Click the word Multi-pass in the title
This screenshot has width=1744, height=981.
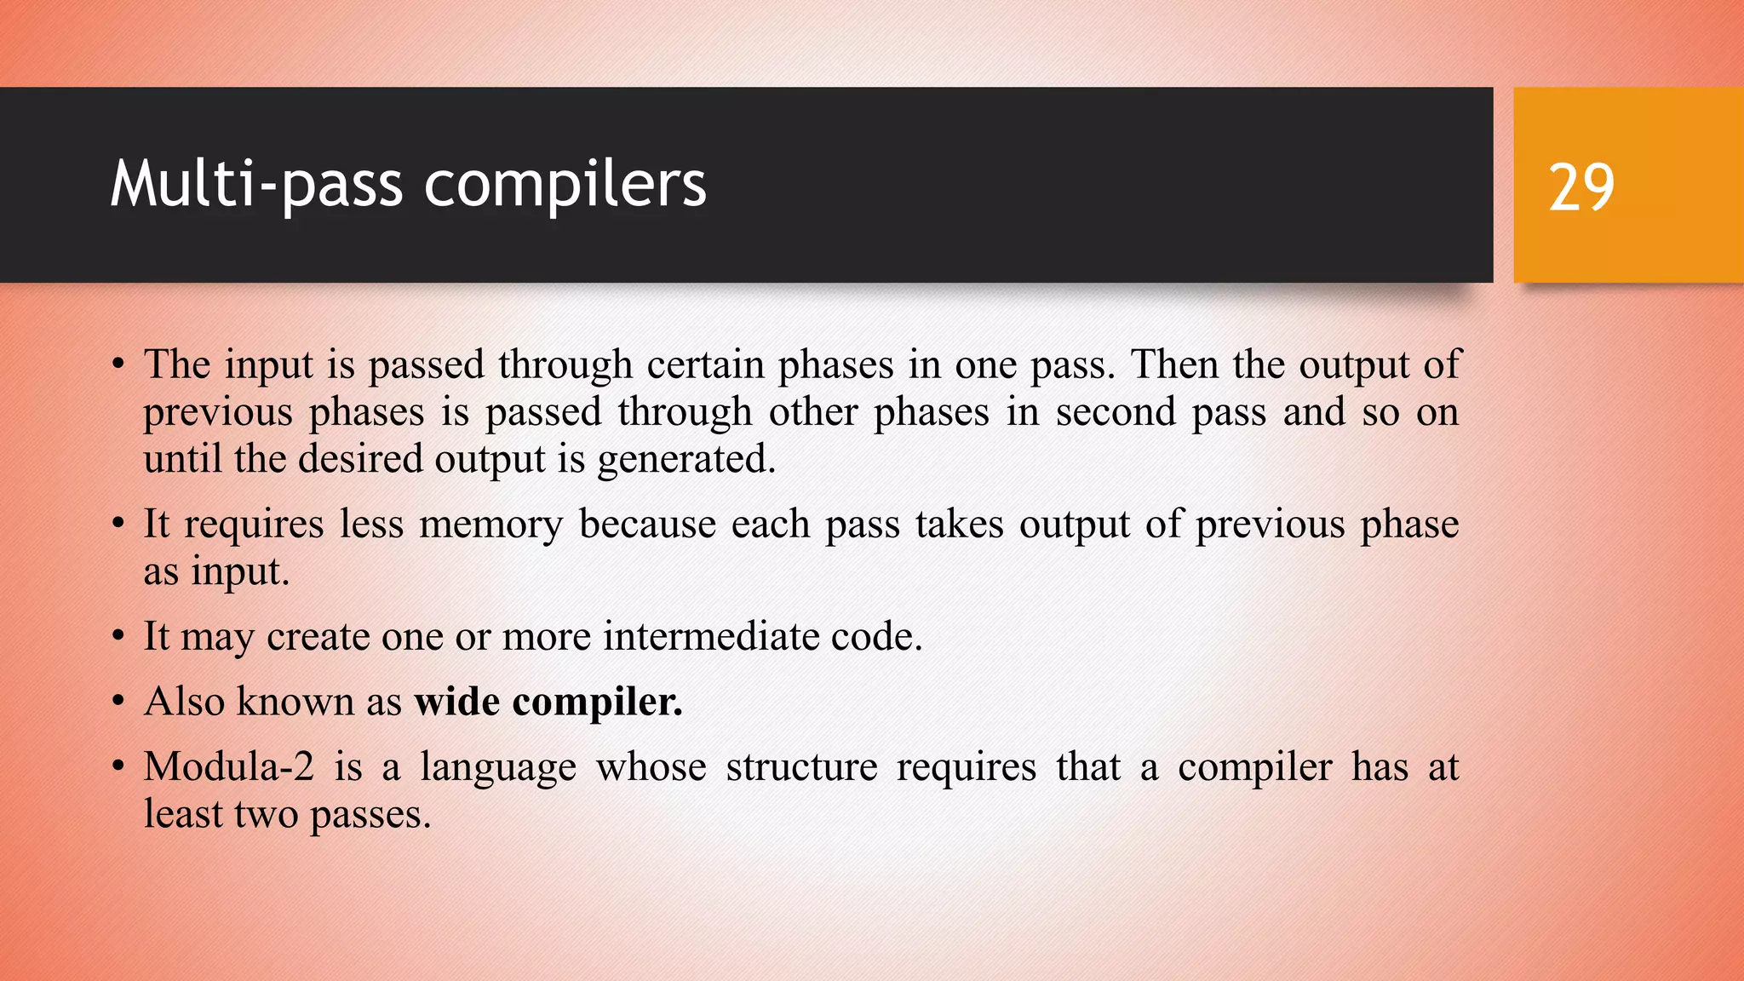256,185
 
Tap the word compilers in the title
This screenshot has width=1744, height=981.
565,185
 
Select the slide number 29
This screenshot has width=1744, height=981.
1581,187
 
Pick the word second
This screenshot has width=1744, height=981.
1115,413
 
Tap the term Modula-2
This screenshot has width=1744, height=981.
228,766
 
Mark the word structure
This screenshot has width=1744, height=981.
801,766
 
